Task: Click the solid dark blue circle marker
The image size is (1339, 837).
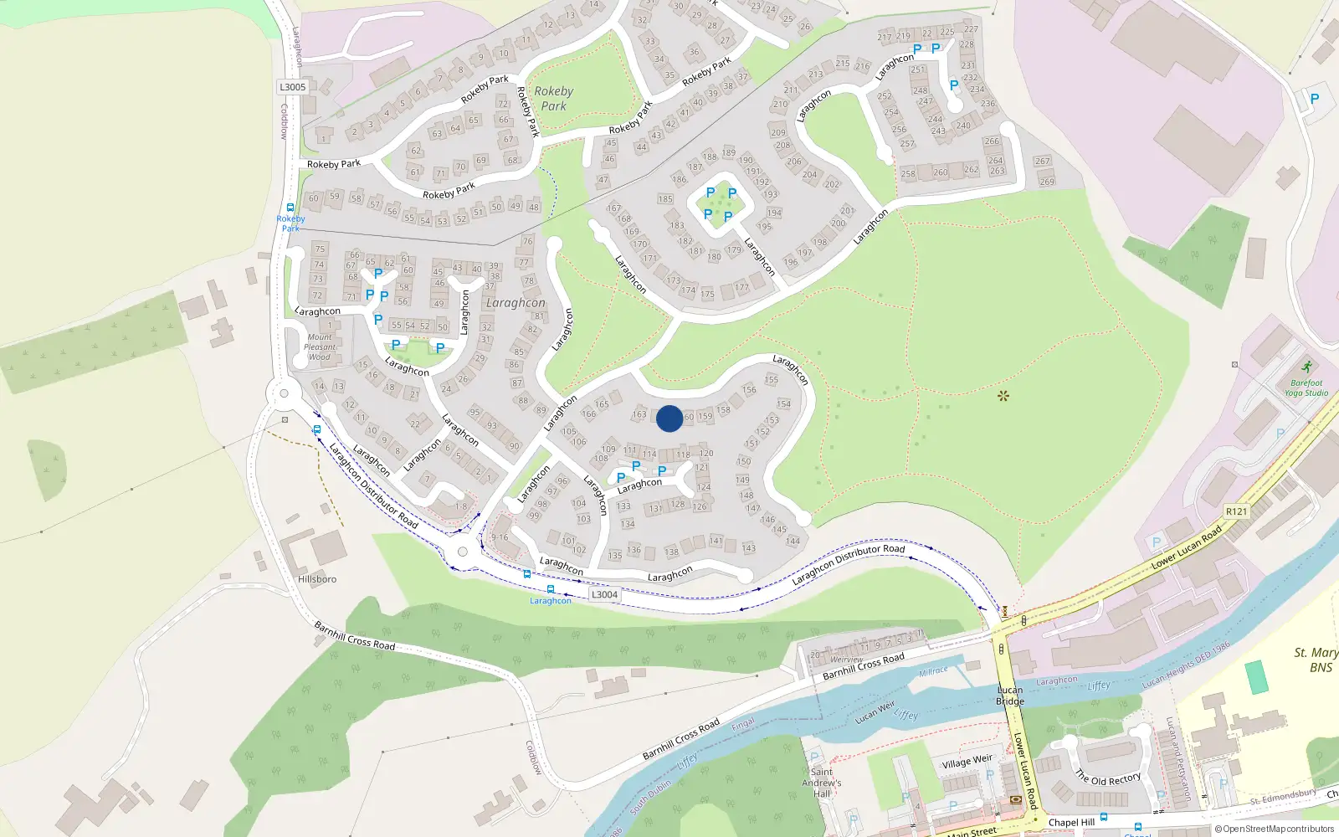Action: click(669, 418)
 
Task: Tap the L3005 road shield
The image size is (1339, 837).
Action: click(293, 87)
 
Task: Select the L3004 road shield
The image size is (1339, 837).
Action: click(604, 595)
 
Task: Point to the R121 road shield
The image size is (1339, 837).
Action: click(1236, 511)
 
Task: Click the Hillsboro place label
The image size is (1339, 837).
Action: click(317, 579)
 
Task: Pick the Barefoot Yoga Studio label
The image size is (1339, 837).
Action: click(1306, 388)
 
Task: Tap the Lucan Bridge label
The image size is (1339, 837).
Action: click(1010, 696)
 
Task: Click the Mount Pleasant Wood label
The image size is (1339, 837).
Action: click(320, 347)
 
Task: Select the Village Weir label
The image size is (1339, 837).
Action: click(967, 762)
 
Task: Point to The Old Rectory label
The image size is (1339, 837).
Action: click(1108, 778)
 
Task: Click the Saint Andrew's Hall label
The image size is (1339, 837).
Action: click(822, 783)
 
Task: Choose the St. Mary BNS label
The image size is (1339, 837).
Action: click(1316, 660)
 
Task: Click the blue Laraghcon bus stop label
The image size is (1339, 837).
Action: click(551, 601)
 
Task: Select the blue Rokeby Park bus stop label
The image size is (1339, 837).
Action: click(290, 223)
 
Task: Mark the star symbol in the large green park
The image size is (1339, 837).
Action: click(1003, 396)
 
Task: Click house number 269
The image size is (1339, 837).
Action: click(1047, 182)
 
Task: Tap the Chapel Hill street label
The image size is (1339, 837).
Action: click(1071, 823)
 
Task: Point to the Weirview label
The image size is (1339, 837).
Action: click(847, 660)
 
